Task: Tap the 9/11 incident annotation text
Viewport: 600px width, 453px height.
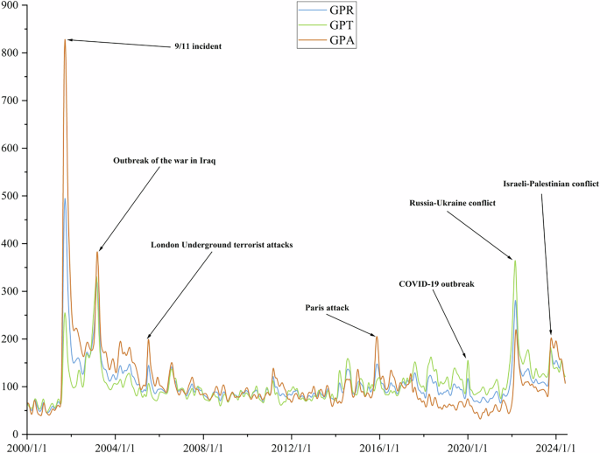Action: pos(197,46)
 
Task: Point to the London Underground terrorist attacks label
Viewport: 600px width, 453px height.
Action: pos(222,245)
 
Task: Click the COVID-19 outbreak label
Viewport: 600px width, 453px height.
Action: pos(436,284)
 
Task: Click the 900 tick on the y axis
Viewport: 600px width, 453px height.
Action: pos(12,6)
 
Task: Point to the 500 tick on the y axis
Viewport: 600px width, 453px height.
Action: pos(12,196)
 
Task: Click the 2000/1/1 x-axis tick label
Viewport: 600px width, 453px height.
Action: pos(29,446)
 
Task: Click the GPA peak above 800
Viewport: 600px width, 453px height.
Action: pos(65,40)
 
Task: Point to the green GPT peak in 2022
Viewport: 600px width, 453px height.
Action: pos(515,261)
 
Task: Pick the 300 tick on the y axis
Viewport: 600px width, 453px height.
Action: pos(12,291)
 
